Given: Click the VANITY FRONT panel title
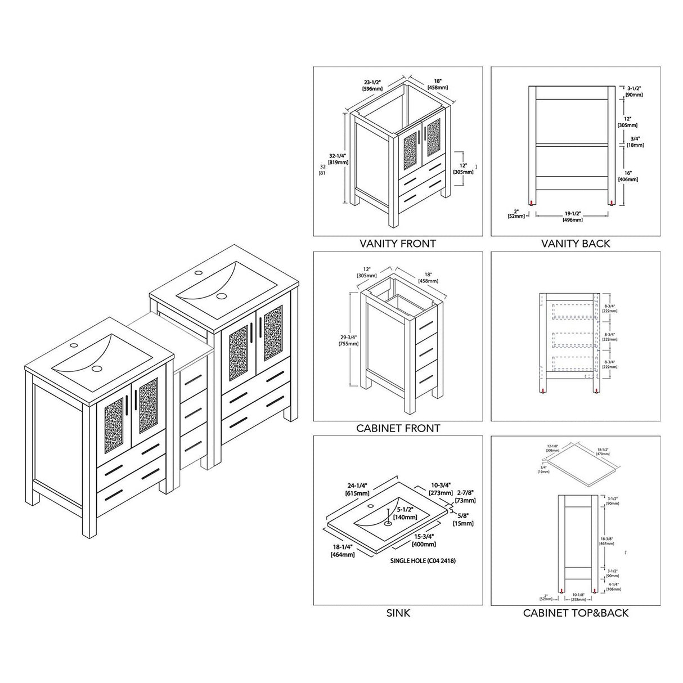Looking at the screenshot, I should (398, 244).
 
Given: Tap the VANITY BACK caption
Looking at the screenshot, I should (576, 244).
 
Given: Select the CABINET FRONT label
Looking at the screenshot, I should (398, 428).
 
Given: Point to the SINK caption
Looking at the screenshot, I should (398, 613).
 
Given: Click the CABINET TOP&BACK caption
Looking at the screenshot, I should (576, 613).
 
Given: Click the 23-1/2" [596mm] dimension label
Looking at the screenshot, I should (373, 85).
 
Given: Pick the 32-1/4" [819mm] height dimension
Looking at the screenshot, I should (338, 159).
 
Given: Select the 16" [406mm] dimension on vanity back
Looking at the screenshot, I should (628, 176).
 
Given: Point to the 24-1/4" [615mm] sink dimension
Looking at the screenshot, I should (357, 489).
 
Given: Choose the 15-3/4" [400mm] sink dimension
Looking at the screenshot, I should (424, 541).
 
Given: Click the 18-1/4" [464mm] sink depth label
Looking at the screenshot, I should (343, 551).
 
